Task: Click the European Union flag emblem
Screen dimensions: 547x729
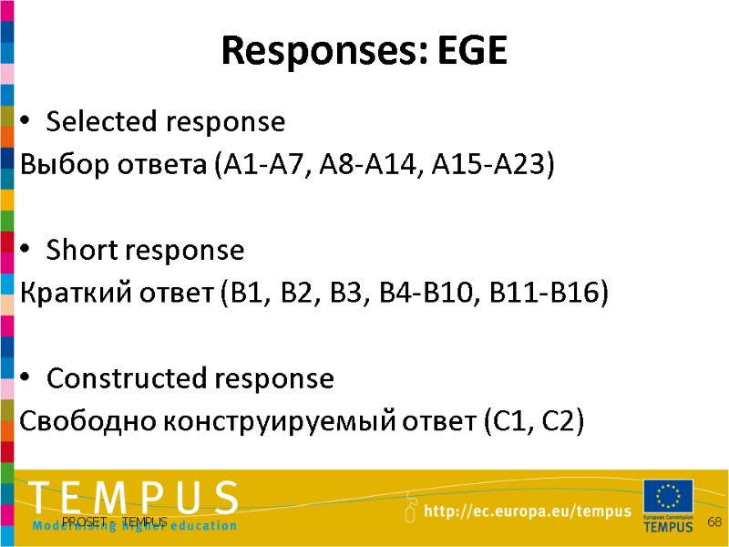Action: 668,497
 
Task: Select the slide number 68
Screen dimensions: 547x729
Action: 714,521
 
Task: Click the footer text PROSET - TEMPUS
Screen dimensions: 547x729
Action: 122,521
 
